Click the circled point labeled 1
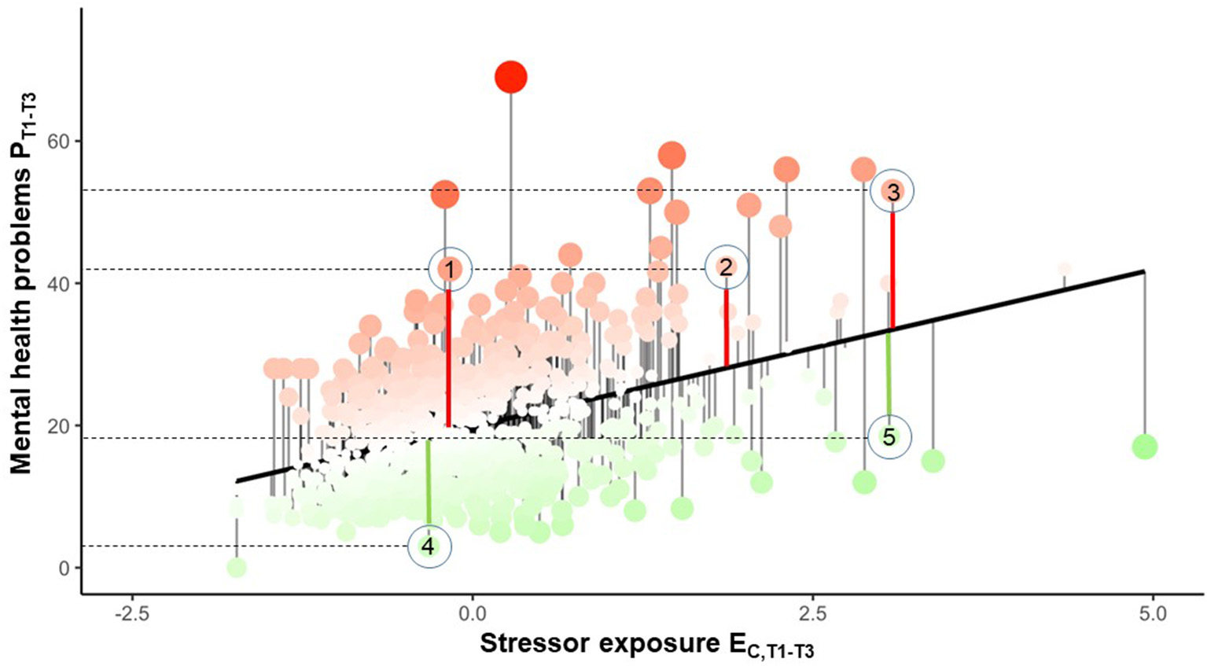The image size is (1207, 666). coord(450,269)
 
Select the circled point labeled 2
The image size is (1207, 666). coord(727,267)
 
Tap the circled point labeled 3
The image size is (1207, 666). coord(892,191)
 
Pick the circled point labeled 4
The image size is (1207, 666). coord(429,546)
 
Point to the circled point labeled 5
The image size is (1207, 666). coord(889,437)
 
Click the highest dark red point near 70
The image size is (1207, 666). coord(511,77)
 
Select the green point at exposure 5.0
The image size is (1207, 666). coord(1144,447)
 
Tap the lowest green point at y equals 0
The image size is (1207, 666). coord(236,567)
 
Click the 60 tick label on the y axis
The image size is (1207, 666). coord(60,142)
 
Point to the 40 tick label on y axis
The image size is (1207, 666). coord(60,284)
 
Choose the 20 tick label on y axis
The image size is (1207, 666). coord(60,425)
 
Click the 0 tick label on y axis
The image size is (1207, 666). coord(64,568)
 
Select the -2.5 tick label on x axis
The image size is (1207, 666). coord(131,613)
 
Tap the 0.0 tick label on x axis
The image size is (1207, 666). coord(472,613)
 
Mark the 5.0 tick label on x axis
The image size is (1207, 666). coord(1152,613)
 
